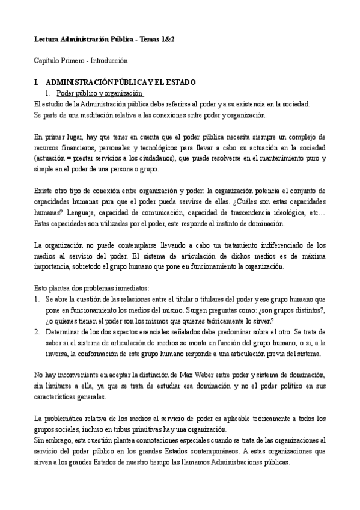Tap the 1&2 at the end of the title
[x=168, y=38]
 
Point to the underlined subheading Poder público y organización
[x=99, y=93]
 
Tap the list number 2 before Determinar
[x=37, y=331]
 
